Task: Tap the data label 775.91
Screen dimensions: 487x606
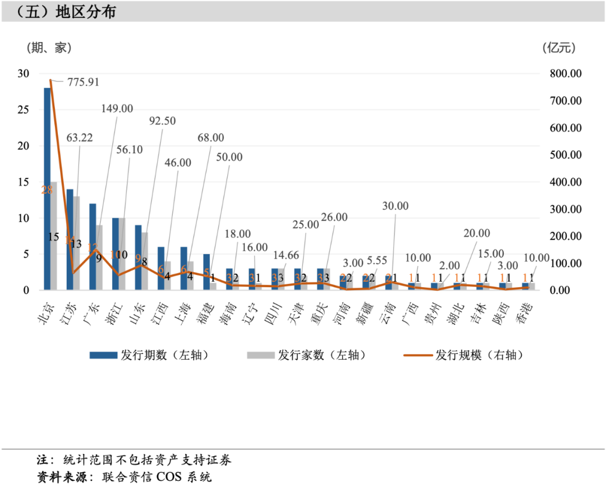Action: pos(84,82)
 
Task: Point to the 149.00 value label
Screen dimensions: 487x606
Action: pos(117,109)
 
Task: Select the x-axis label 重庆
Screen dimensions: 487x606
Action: pos(320,312)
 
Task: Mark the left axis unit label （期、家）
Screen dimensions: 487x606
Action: pos(49,48)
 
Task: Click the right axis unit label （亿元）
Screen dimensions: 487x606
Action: pos(559,48)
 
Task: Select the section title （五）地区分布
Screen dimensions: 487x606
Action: pos(59,12)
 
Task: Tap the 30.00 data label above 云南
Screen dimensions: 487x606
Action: pos(395,206)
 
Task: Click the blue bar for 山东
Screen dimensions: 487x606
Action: pos(138,258)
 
